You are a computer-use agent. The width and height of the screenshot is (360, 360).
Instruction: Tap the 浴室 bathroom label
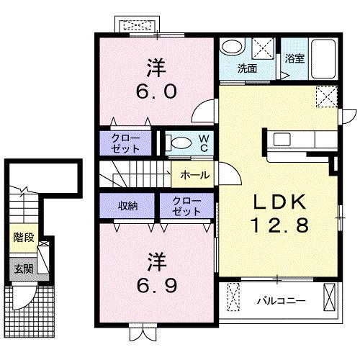pyautogui.click(x=294, y=59)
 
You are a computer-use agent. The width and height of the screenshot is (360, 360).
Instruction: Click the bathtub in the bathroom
pyautogui.click(x=323, y=55)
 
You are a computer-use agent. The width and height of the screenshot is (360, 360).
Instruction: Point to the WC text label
pyautogui.click(x=203, y=142)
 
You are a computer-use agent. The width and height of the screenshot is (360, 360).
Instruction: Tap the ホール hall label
pyautogui.click(x=194, y=174)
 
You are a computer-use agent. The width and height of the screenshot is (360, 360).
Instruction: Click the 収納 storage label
pyautogui.click(x=128, y=205)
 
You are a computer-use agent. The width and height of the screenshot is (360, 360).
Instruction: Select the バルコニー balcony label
pyautogui.click(x=282, y=297)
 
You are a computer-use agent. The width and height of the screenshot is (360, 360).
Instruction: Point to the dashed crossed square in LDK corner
pyautogui.click(x=327, y=96)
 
